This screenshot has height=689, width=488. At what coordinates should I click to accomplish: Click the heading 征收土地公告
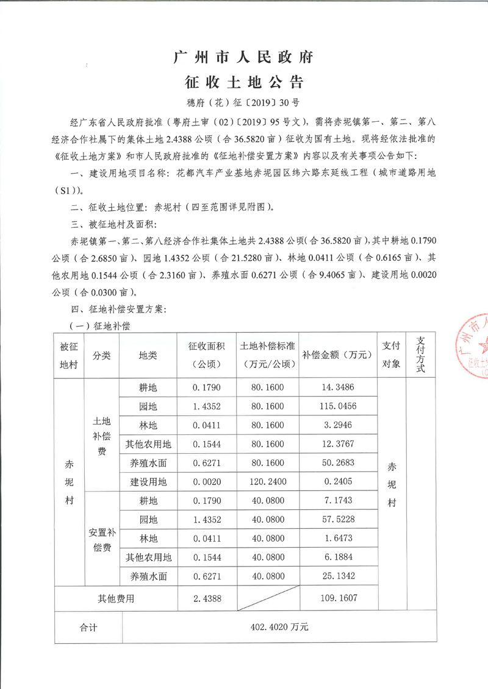pyautogui.click(x=243, y=82)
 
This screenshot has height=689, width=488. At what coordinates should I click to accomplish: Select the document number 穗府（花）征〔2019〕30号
pyautogui.click(x=243, y=102)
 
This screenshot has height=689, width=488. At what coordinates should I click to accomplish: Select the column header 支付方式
pyautogui.click(x=420, y=356)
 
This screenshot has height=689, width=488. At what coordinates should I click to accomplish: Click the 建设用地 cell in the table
pyautogui.click(x=148, y=482)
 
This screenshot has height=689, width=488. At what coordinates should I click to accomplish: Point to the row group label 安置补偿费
pyautogui.click(x=102, y=539)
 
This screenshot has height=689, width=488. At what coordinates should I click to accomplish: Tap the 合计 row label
pyautogui.click(x=89, y=627)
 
